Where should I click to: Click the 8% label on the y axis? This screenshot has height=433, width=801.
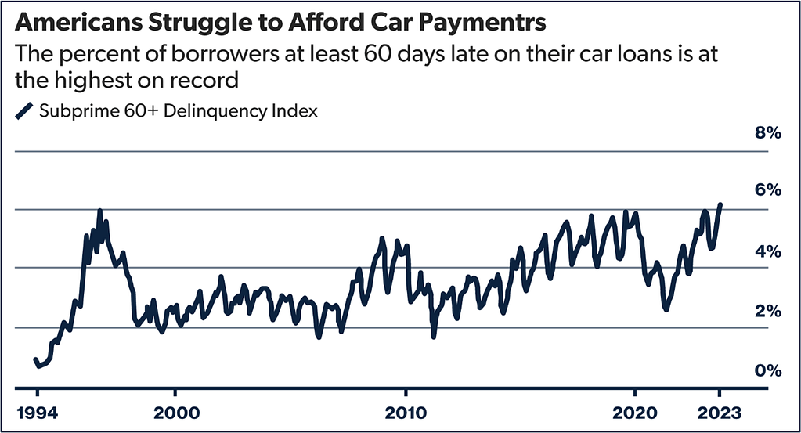768,133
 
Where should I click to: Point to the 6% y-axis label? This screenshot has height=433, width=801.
768,190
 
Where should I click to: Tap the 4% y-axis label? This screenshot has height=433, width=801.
768,251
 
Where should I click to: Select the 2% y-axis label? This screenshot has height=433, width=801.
768,312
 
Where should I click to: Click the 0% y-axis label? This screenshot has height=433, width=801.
768,370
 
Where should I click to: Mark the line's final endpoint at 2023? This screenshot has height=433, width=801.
720,204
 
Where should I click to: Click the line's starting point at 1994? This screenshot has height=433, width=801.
35,359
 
